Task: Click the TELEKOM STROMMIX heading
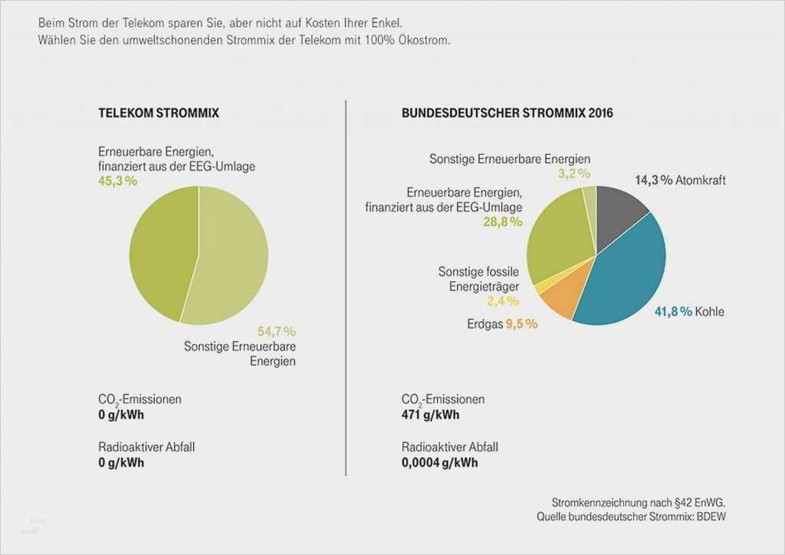click(159, 113)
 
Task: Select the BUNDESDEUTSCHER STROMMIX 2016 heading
click(507, 113)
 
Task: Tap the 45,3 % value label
click(117, 181)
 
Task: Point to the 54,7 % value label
click(276, 331)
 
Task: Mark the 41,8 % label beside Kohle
click(673, 311)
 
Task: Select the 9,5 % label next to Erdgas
click(521, 323)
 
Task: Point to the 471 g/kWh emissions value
click(430, 415)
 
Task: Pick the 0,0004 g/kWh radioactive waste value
click(439, 462)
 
